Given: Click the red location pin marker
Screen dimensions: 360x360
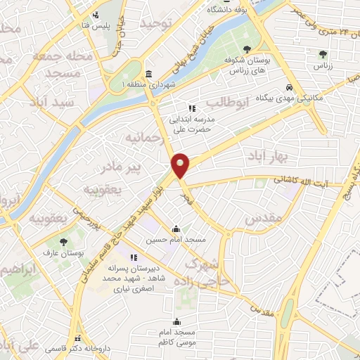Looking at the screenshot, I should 181,166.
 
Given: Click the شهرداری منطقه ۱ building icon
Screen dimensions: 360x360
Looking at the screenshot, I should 148,75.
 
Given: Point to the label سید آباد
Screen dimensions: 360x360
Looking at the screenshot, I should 53,102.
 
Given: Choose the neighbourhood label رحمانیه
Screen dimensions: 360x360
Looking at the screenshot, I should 147,138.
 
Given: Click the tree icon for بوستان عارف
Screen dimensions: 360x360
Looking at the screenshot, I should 73,242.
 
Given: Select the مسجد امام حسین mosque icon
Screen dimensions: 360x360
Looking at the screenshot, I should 175,229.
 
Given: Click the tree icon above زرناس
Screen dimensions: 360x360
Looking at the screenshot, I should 323,53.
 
